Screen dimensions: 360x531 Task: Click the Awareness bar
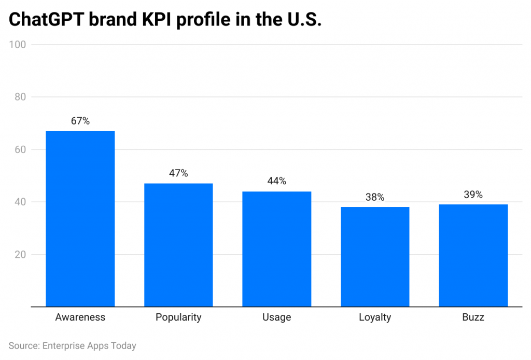pyautogui.click(x=80, y=218)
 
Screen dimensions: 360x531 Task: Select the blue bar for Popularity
pyautogui.click(x=178, y=244)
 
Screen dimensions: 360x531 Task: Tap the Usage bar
pyautogui.click(x=276, y=248)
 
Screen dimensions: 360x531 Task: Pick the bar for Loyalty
pyautogui.click(x=375, y=256)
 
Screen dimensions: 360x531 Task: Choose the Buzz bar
pyautogui.click(x=473, y=255)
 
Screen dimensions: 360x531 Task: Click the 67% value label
pyautogui.click(x=80, y=121)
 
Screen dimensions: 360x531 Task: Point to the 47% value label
pyautogui.click(x=178, y=173)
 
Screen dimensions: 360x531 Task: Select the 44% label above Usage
pyautogui.click(x=276, y=181)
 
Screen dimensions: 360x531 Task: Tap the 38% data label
pyautogui.click(x=375, y=197)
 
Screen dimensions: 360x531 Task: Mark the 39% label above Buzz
pyautogui.click(x=473, y=195)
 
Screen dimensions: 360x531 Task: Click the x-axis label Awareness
pyautogui.click(x=80, y=317)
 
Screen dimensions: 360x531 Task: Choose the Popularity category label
pyautogui.click(x=178, y=317)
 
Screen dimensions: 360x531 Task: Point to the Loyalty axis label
pyautogui.click(x=375, y=317)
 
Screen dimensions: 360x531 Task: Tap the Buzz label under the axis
pyautogui.click(x=473, y=317)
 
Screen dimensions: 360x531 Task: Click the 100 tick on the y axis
pyautogui.click(x=18, y=45)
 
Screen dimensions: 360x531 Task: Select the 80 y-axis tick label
pyautogui.click(x=20, y=97)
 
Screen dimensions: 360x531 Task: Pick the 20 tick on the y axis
pyautogui.click(x=20, y=255)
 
